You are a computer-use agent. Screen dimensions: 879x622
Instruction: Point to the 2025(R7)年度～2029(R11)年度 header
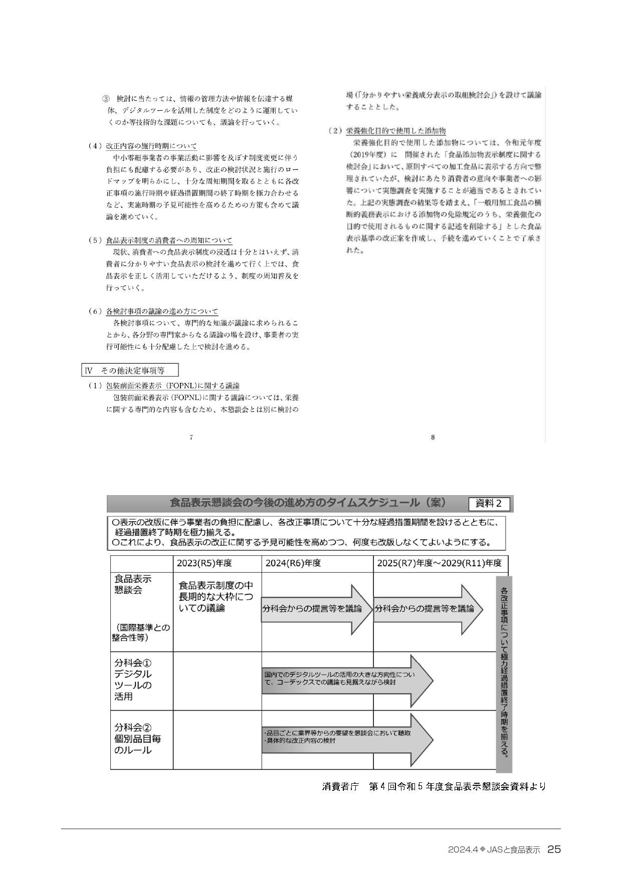pyautogui.click(x=439, y=563)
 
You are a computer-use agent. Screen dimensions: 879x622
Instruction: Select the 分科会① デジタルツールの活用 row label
pyautogui.click(x=133, y=680)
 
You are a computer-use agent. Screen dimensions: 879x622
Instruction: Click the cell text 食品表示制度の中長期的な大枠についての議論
pyautogui.click(x=216, y=596)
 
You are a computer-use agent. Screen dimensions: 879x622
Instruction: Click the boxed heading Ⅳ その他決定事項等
pyautogui.click(x=130, y=371)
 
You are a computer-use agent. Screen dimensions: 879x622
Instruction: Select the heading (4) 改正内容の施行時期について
pyautogui.click(x=142, y=146)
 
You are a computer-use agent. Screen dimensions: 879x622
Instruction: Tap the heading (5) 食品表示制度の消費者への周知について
pyautogui.click(x=160, y=241)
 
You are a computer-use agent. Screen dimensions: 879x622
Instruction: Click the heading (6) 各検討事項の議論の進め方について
pyautogui.click(x=153, y=312)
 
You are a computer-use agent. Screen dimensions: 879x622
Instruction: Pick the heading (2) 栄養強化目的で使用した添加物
pyautogui.click(x=387, y=131)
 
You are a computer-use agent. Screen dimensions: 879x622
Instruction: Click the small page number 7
pyautogui.click(x=191, y=437)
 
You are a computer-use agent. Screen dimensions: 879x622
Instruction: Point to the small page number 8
pyautogui.click(x=433, y=437)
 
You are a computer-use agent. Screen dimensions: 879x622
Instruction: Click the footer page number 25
pyautogui.click(x=554, y=849)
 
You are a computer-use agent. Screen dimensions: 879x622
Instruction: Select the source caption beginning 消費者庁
pyautogui.click(x=434, y=786)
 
